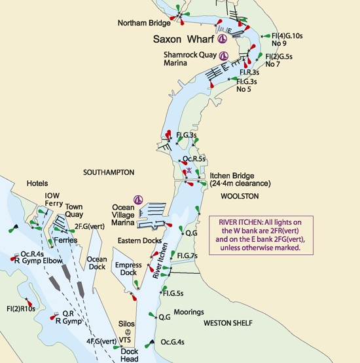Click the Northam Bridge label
[144, 23]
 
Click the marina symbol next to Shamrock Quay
[224, 56]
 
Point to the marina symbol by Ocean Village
[138, 200]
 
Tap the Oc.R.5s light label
[194, 159]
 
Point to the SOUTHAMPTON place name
[109, 172]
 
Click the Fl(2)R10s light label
[20, 308]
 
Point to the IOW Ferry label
[52, 200]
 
